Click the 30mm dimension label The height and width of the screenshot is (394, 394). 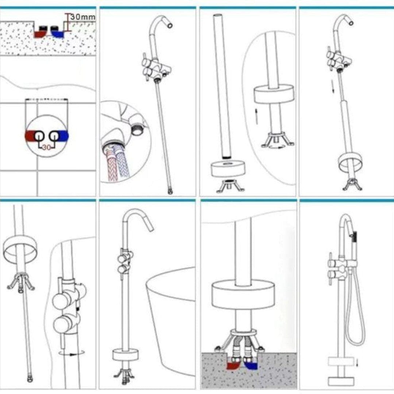(x=83, y=18)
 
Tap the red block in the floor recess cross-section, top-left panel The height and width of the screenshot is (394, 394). (x=40, y=34)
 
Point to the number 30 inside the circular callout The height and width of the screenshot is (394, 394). (x=46, y=147)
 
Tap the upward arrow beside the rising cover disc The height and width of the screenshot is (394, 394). (x=256, y=116)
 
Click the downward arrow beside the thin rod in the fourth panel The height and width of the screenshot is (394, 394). (x=333, y=86)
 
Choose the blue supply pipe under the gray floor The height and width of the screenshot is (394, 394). (x=251, y=365)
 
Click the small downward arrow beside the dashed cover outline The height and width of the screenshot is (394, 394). (x=357, y=363)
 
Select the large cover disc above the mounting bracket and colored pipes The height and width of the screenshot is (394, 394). (x=243, y=295)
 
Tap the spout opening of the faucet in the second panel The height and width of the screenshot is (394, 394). (x=170, y=25)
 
